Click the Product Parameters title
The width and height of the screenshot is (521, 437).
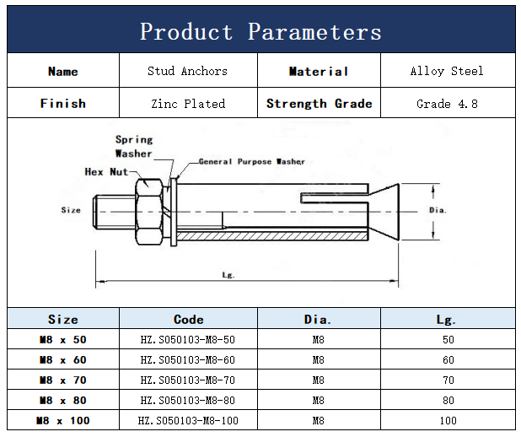point(260,31)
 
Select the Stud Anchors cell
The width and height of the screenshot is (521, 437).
point(188,71)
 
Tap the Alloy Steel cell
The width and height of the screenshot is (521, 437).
point(447,71)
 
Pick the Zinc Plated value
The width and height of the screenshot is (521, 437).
point(188,104)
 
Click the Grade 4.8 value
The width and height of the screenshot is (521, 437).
point(448,104)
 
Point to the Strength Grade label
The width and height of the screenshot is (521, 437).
point(319,104)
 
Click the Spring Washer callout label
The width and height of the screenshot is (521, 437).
point(134,146)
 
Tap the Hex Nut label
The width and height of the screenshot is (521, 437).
point(106,171)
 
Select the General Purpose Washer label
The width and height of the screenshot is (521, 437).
point(251,162)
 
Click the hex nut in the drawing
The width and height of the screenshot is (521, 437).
point(149,212)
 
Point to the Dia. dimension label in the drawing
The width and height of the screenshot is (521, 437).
point(438,210)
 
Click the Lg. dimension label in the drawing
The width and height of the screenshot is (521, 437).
point(228,275)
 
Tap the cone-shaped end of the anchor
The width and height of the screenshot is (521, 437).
point(384,212)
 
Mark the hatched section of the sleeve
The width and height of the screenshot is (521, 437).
point(272,236)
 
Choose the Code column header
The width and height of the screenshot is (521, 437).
point(188,319)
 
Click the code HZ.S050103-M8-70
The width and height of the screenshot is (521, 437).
point(188,380)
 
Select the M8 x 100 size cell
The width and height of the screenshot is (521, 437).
point(62,421)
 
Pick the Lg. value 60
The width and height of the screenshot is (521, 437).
point(448,360)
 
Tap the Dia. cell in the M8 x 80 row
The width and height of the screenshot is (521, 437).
point(319,401)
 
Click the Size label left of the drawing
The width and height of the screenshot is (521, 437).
point(71,210)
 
